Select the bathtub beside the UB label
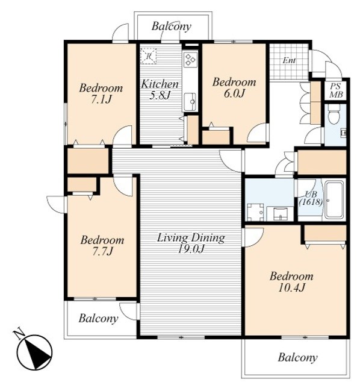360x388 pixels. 334,200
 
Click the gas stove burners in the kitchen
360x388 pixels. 190,60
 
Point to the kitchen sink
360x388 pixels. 190,101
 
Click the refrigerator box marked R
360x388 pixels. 148,56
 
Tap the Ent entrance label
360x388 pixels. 289,60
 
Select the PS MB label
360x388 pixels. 336,90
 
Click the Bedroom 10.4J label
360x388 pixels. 291,281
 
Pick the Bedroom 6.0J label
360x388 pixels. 234,87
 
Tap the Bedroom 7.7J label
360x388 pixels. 102,245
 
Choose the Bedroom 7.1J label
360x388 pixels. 101,93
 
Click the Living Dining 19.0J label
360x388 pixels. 191,243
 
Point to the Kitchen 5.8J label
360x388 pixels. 160,89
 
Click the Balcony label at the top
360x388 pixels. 172,27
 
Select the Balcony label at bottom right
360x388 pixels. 297,357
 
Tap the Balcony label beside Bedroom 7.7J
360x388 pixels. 98,318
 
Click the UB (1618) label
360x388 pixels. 311,198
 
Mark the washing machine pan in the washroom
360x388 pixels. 255,212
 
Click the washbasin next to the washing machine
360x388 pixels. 280,214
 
